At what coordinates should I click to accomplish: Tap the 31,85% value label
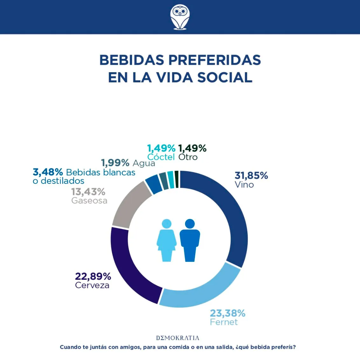point(251,176)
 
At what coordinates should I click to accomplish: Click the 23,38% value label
point(227,313)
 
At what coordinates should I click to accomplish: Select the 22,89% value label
point(93,276)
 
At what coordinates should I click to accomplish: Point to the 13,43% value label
point(88,192)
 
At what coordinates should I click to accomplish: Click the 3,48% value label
point(48,172)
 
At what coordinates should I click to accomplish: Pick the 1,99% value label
point(115,163)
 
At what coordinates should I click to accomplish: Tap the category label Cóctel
point(161,157)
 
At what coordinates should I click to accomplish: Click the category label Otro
point(188,157)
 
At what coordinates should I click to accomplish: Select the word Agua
point(144,163)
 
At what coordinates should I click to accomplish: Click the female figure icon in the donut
point(166,240)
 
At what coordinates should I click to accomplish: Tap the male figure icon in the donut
point(190,240)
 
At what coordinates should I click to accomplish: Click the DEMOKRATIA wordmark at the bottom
point(177,338)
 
